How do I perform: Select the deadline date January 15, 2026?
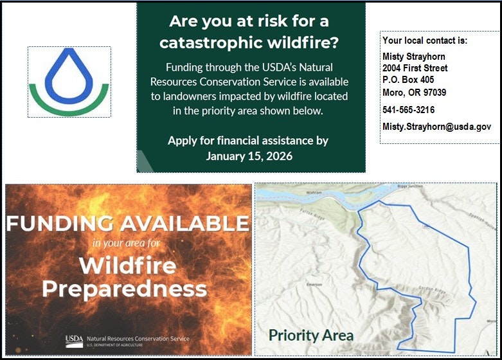[249, 156]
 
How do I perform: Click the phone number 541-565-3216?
[408, 110]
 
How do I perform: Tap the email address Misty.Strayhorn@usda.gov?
[436, 127]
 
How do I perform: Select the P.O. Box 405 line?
[408, 80]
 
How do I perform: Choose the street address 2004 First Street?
[415, 68]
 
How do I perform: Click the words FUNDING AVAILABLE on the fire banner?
[127, 223]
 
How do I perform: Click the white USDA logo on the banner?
[75, 339]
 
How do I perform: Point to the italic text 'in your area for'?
[126, 244]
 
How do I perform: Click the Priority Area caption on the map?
[310, 335]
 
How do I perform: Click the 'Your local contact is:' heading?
[425, 40]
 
